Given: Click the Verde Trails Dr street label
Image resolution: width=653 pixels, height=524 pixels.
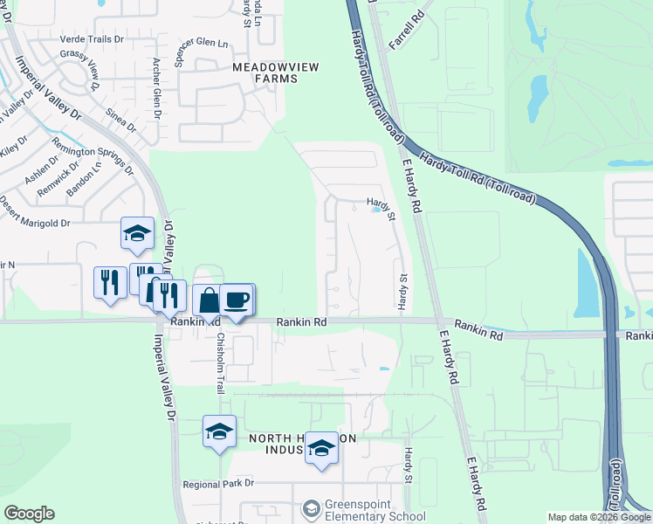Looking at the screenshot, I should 92,39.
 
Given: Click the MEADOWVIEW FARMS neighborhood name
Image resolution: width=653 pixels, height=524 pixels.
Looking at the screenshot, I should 265,72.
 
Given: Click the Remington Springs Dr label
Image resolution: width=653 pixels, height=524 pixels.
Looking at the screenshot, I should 92,157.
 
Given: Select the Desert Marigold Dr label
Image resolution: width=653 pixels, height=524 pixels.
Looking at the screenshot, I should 35,224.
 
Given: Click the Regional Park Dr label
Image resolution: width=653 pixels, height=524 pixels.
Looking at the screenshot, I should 218,483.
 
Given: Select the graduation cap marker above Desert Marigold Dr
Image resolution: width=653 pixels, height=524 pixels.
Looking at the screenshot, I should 137,233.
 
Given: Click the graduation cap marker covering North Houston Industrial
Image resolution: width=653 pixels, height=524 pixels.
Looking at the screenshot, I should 322,450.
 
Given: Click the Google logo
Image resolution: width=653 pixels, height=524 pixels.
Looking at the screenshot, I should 29,514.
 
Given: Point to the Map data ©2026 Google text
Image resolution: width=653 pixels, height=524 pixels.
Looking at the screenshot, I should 598,517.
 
